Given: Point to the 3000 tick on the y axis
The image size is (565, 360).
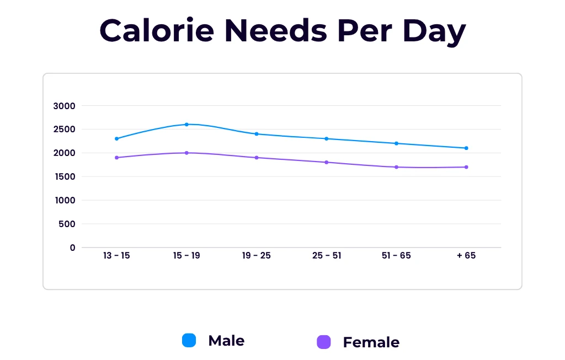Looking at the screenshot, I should [x=65, y=106].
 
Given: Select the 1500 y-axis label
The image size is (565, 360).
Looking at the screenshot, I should [x=65, y=177].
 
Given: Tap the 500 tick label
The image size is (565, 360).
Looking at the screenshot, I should [x=67, y=224].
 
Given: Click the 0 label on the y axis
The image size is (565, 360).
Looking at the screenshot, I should [x=72, y=248].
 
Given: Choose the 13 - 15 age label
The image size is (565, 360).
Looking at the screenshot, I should [x=116, y=256].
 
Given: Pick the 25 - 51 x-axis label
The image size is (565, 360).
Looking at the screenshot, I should [x=326, y=256].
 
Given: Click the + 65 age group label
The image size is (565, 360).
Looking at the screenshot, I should [x=466, y=256].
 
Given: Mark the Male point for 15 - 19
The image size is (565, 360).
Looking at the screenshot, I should [x=186, y=125].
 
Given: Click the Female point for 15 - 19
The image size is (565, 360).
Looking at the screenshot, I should [x=186, y=153].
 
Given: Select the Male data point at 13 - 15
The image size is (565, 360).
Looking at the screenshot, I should [x=116, y=139].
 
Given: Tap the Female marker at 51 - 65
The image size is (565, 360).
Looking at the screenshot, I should [x=396, y=167].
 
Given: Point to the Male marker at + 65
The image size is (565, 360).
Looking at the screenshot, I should [x=466, y=148].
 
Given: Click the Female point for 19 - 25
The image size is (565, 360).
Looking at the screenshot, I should [x=257, y=158].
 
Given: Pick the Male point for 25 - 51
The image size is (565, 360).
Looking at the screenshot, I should [x=326, y=139].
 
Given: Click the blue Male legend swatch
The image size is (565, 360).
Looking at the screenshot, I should [x=189, y=341].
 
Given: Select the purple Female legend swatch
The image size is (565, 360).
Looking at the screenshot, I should [x=324, y=342].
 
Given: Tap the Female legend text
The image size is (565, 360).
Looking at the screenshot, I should [x=371, y=342].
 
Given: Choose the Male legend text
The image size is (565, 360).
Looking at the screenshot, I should [x=226, y=341].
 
